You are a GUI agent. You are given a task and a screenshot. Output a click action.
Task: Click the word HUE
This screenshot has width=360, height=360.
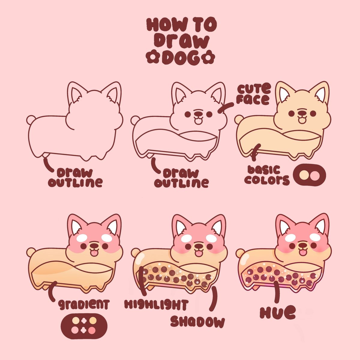278,312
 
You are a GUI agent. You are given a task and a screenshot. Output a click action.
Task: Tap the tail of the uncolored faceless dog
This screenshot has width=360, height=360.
31,120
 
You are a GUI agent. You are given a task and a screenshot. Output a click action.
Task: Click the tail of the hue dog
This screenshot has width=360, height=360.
240,253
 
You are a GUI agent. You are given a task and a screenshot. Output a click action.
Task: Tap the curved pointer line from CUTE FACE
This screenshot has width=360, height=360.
226,107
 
